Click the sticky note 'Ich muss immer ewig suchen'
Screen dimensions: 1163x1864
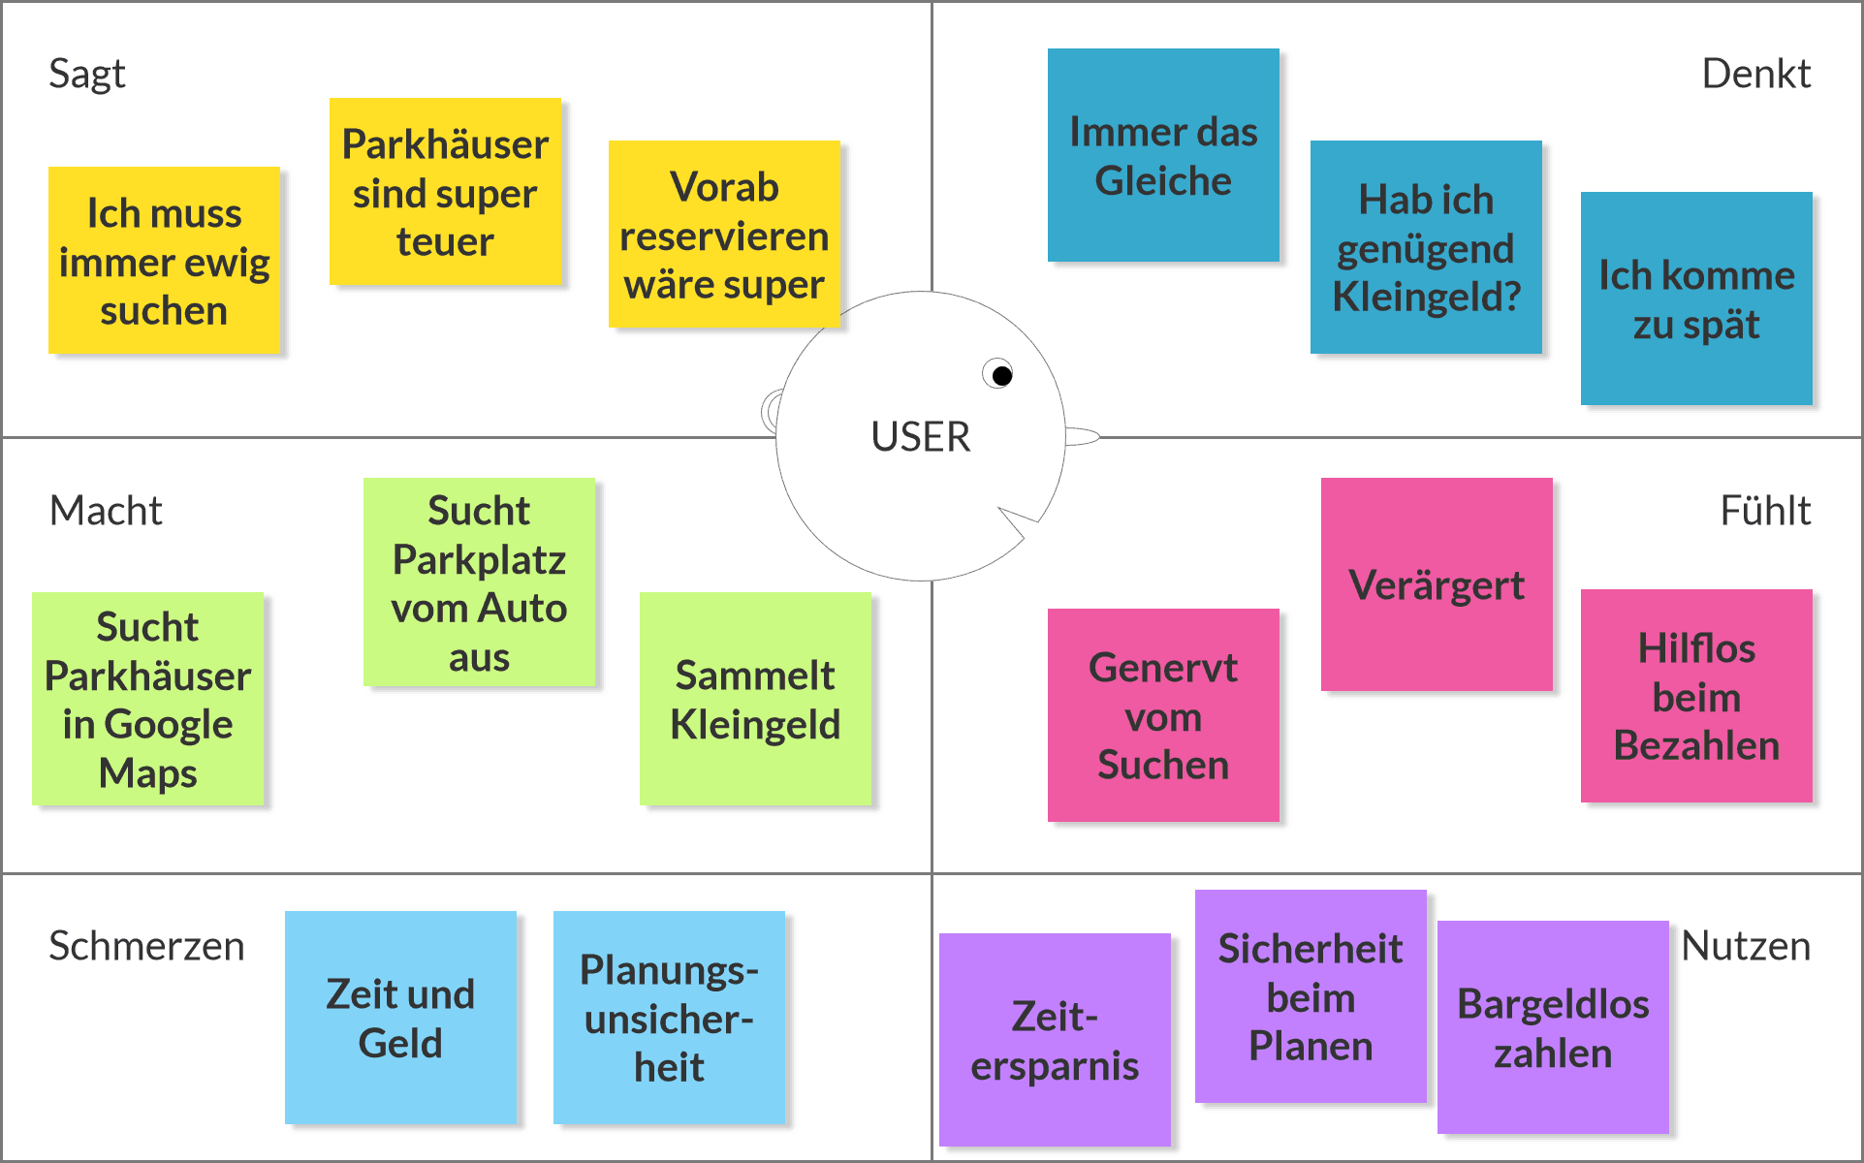pyautogui.click(x=164, y=261)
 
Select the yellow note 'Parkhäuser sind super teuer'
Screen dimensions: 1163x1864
pyautogui.click(x=445, y=192)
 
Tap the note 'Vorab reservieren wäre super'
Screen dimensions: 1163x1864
pyautogui.click(x=724, y=235)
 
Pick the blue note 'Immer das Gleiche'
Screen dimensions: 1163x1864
pyautogui.click(x=1163, y=155)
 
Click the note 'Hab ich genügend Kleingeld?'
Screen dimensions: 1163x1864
pyautogui.click(x=1426, y=247)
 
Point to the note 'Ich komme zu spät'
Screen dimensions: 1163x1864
pyautogui.click(x=1696, y=299)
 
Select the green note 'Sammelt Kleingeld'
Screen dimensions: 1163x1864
pyautogui.click(x=755, y=699)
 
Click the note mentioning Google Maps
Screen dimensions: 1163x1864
pyautogui.click(x=148, y=699)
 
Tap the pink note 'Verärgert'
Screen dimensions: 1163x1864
pyautogui.click(x=1437, y=584)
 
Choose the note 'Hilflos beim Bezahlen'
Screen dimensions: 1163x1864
pyautogui.click(x=1696, y=696)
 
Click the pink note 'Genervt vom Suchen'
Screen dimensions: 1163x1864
pyautogui.click(x=1163, y=715)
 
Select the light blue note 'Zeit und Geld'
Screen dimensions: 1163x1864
pyautogui.click(x=400, y=1018)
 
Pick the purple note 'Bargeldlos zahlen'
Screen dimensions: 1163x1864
pyautogui.click(x=1553, y=1027)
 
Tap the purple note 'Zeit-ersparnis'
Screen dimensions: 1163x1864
pyautogui.click(x=1055, y=1040)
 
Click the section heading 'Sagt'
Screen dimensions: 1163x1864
pyautogui.click(x=87, y=74)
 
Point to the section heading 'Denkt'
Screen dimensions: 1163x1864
pyautogui.click(x=1755, y=74)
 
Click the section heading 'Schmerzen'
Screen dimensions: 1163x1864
pyautogui.click(x=146, y=946)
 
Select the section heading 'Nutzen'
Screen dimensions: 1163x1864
pyautogui.click(x=1745, y=946)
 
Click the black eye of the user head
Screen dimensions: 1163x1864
pyautogui.click(x=1002, y=375)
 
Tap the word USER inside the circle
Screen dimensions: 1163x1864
pyautogui.click(x=920, y=437)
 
